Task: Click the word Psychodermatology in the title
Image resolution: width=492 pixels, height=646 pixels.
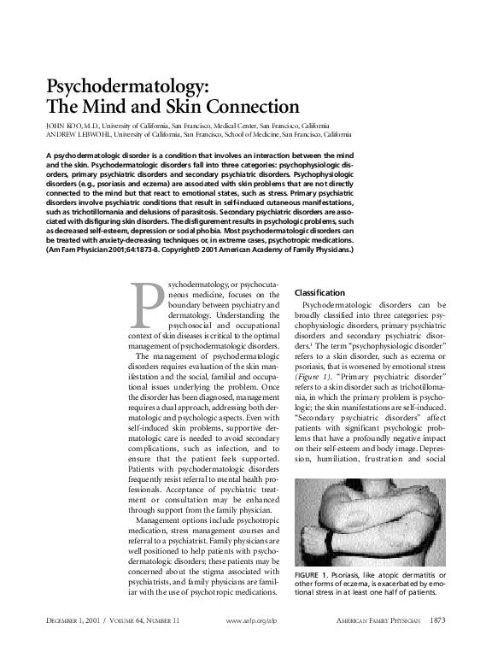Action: pos(125,87)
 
